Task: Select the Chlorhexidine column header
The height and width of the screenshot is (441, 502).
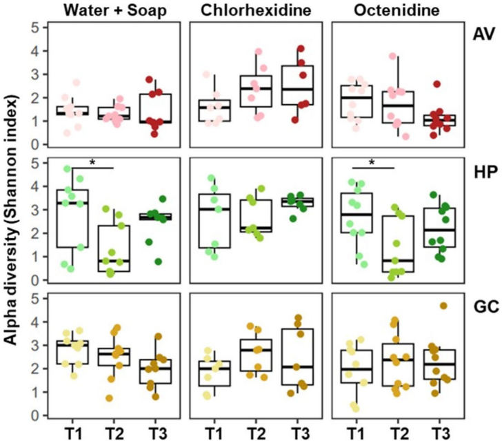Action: [x=253, y=10]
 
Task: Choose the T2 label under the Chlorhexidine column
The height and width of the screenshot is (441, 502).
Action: [x=254, y=432]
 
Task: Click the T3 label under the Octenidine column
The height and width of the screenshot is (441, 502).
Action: [x=431, y=432]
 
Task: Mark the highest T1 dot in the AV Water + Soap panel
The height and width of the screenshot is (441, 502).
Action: [x=77, y=83]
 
